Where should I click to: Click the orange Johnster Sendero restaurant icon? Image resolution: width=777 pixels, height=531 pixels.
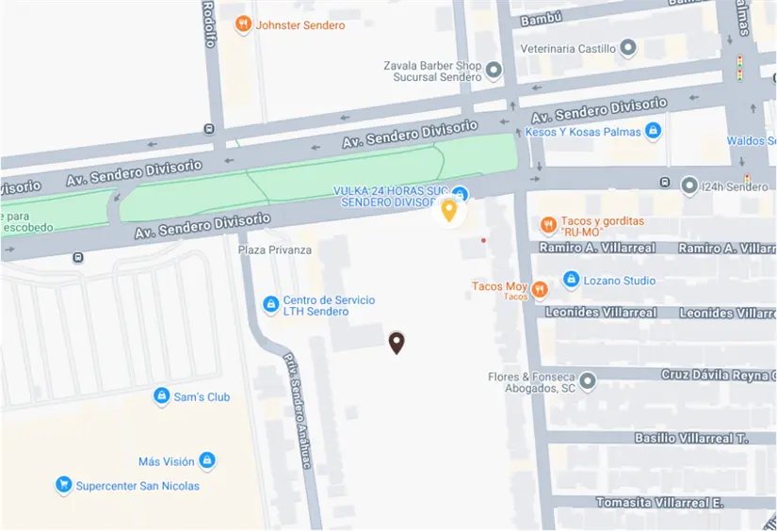click(243, 24)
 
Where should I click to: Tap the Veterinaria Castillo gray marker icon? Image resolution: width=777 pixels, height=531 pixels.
click(628, 48)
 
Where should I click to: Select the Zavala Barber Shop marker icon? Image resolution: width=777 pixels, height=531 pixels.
click(493, 68)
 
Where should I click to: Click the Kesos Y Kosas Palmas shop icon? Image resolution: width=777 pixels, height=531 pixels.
click(653, 132)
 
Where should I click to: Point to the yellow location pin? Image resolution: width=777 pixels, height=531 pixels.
click(449, 210)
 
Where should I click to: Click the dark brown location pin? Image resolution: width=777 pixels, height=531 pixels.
click(397, 343)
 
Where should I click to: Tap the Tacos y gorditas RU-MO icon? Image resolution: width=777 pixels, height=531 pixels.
click(547, 224)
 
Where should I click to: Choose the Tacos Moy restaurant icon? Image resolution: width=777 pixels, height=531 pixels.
click(539, 289)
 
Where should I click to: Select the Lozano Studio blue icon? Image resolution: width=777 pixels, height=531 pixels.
click(570, 280)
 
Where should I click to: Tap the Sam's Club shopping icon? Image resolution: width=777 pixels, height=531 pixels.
click(161, 396)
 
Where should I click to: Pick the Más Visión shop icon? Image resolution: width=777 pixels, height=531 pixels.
click(207, 460)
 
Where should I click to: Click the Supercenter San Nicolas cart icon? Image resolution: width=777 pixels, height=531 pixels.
click(63, 486)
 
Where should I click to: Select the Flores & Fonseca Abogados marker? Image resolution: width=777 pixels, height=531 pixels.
click(588, 381)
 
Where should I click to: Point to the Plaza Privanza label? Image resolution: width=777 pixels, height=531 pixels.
click(274, 249)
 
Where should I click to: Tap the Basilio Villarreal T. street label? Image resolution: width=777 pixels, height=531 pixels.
click(690, 438)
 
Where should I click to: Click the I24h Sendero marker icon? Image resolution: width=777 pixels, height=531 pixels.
click(689, 186)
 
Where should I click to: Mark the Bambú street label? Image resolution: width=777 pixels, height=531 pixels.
click(541, 18)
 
